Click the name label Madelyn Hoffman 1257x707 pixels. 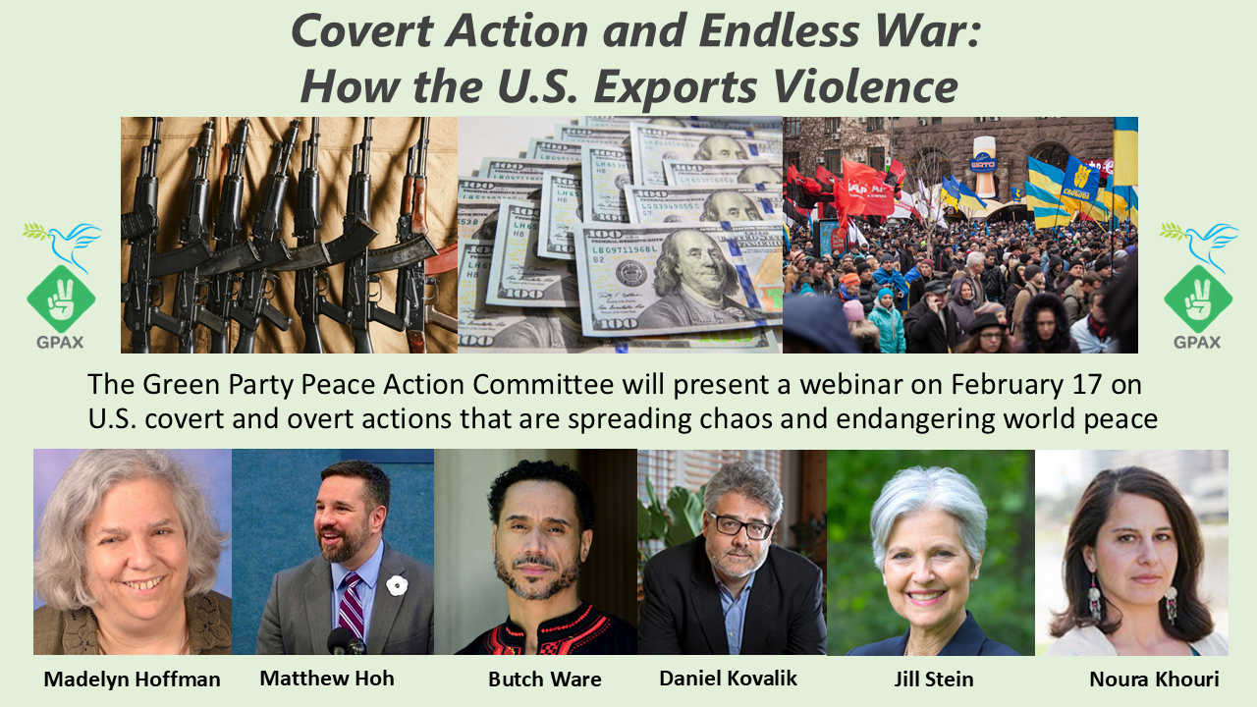click(132, 679)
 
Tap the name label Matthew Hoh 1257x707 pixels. click(327, 678)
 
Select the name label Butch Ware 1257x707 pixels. click(545, 679)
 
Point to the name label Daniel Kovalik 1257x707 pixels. click(728, 678)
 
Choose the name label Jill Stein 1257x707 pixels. click(934, 679)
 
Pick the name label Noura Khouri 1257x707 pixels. click(1154, 679)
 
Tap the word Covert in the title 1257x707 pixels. click(362, 30)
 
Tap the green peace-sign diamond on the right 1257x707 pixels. click(1199, 299)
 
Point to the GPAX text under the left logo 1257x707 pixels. click(60, 343)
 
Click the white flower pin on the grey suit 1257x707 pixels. click(396, 585)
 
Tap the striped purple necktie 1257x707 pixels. click(352, 606)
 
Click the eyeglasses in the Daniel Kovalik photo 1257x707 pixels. click(739, 526)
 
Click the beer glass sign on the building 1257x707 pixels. click(984, 167)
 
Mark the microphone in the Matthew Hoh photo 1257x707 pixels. click(346, 641)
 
